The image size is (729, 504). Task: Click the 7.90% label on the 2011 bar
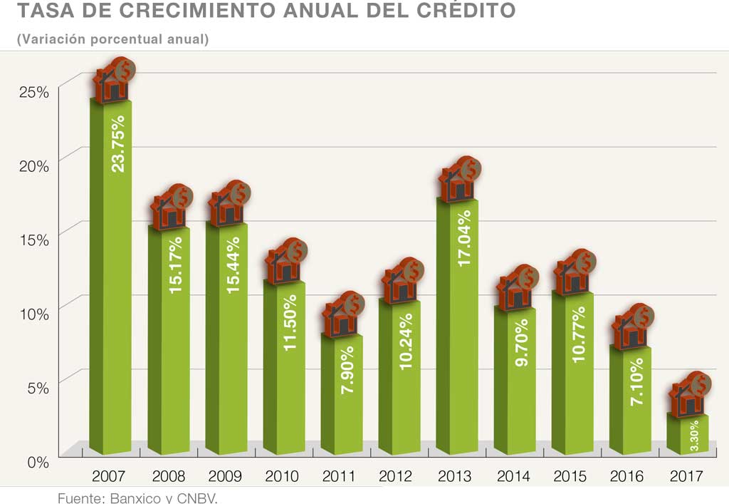coord(348,371)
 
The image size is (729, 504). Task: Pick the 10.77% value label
coord(579,334)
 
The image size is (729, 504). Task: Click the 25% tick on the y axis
coord(34,92)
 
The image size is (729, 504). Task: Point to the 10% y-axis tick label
coord(34,313)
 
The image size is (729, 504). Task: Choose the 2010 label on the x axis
coord(282,476)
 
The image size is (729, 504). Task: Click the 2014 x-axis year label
coord(513,476)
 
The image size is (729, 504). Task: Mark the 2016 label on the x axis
coord(628,476)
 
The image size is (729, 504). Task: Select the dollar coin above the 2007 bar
coord(125,70)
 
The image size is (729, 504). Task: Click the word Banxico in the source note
coord(132,498)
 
